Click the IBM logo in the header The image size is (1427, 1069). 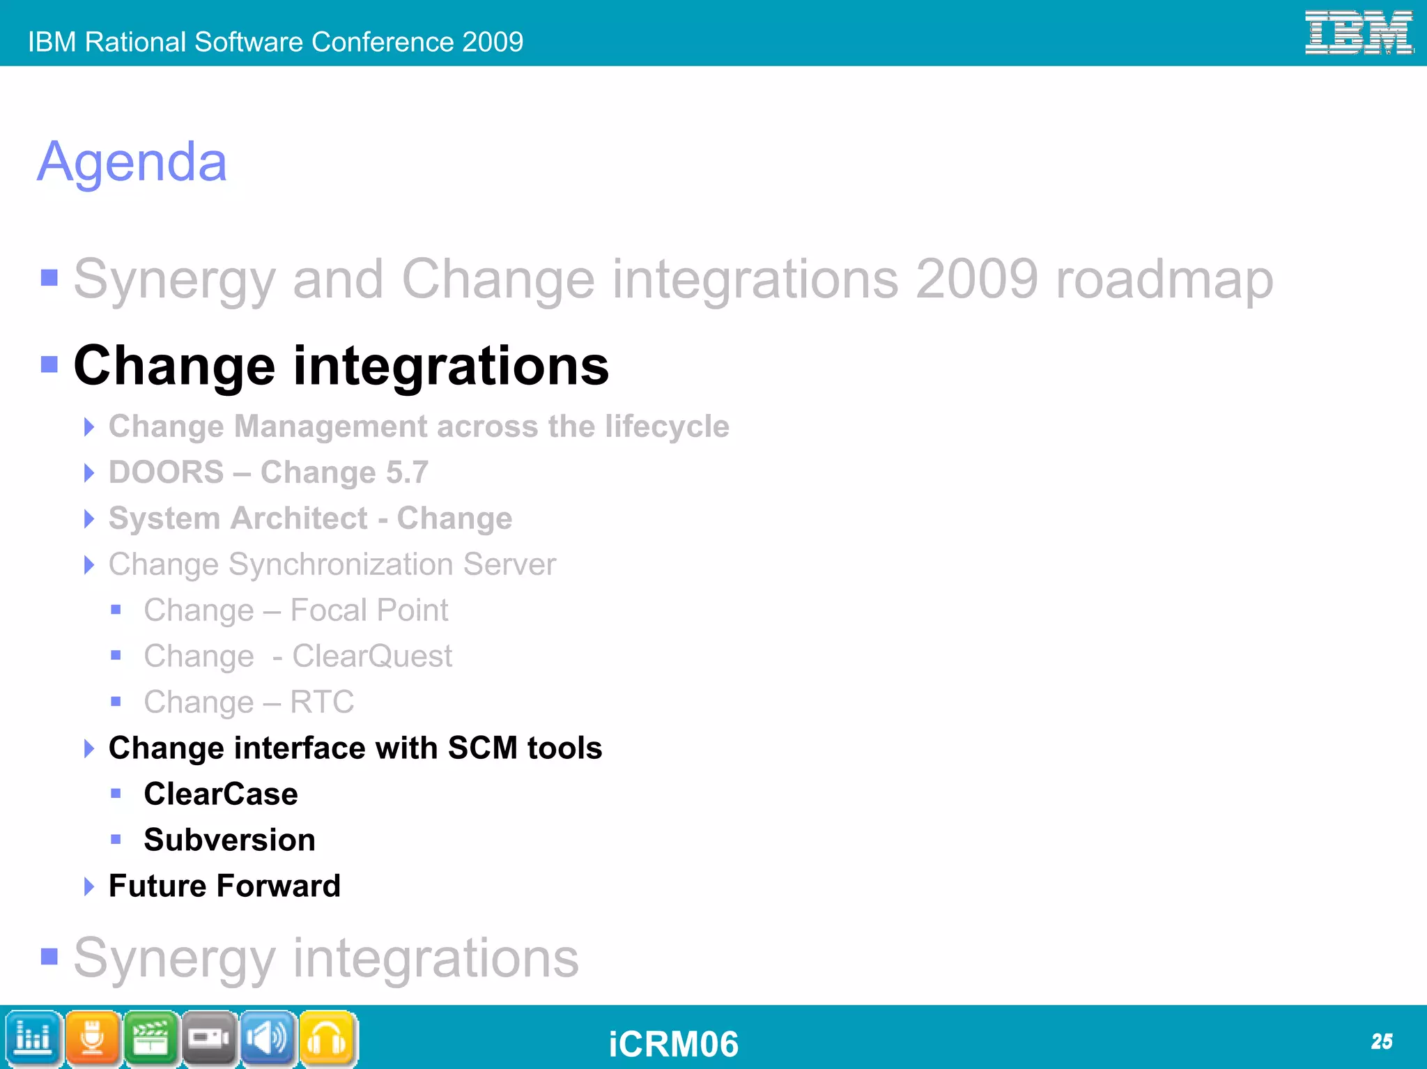coord(1358,33)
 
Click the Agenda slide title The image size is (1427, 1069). coord(132,162)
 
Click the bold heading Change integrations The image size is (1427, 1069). coord(341,366)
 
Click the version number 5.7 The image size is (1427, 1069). coord(407,472)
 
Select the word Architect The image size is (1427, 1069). coord(300,518)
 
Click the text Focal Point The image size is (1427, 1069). coord(369,610)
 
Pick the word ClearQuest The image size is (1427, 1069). coord(372,656)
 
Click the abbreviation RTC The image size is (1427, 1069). coord(322,702)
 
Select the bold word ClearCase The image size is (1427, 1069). coord(221,794)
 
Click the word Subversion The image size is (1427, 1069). coord(229,840)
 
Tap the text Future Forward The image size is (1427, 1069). coord(224,886)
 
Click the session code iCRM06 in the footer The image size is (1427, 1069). coord(673,1044)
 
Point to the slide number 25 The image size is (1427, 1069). coord(1381,1042)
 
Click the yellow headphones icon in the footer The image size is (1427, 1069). coord(328,1039)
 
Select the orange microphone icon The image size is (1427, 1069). coord(93,1039)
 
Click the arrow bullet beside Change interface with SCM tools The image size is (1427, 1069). coord(88,748)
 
